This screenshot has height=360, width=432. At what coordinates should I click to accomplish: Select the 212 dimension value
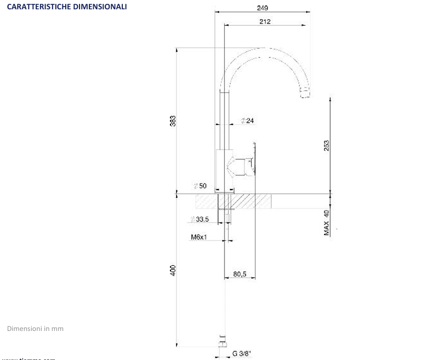(265, 21)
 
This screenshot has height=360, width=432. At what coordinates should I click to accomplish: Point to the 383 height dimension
(172, 121)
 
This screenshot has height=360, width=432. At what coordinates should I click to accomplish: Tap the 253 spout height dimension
(326, 145)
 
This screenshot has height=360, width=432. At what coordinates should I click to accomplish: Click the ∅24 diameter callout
(247, 121)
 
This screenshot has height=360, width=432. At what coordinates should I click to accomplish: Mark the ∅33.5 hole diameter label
(200, 219)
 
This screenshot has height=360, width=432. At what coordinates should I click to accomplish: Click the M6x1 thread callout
(199, 237)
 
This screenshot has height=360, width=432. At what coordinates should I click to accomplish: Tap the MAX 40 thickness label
(326, 222)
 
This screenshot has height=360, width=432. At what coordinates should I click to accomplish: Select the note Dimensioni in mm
(35, 329)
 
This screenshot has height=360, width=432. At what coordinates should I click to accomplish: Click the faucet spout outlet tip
(305, 94)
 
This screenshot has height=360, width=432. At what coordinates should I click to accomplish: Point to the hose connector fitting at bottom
(221, 340)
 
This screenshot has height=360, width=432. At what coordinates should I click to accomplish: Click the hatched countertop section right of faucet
(253, 201)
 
